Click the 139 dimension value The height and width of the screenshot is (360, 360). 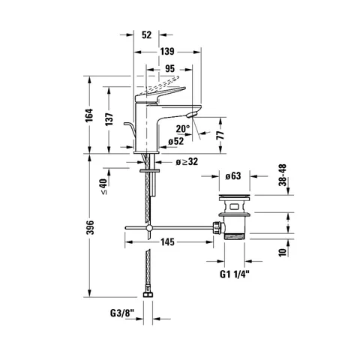tap(167, 52)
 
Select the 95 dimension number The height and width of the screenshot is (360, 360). tap(169, 69)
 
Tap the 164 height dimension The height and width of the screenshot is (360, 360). tap(89, 115)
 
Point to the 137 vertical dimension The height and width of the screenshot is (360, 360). tap(109, 119)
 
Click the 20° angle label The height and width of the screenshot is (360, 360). tap(183, 129)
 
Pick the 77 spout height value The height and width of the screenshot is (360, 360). tap(220, 135)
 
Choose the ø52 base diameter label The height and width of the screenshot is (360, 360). tap(176, 141)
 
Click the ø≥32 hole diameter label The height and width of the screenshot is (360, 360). tap(187, 162)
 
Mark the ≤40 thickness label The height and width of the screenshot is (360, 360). tap(103, 187)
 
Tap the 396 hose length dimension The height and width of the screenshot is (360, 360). tap(90, 227)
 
